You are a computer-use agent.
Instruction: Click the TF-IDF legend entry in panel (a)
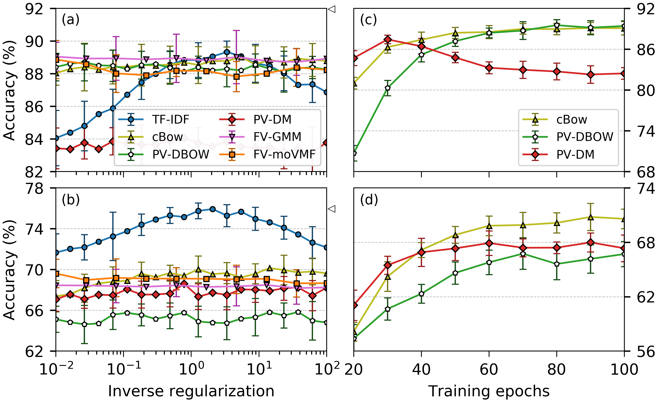tap(170, 120)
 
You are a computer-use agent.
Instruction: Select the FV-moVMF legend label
tap(284, 154)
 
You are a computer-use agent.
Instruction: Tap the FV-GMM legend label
tap(277, 137)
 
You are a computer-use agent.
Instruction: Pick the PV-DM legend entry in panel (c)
tap(575, 154)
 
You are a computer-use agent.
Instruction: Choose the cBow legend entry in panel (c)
tap(571, 120)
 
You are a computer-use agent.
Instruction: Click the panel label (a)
tap(71, 20)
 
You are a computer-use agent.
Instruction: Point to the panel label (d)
tap(369, 200)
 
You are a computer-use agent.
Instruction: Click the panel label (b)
tap(71, 200)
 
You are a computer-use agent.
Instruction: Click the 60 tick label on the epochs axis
tap(489, 370)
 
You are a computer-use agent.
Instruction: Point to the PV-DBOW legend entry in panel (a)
tap(181, 154)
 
